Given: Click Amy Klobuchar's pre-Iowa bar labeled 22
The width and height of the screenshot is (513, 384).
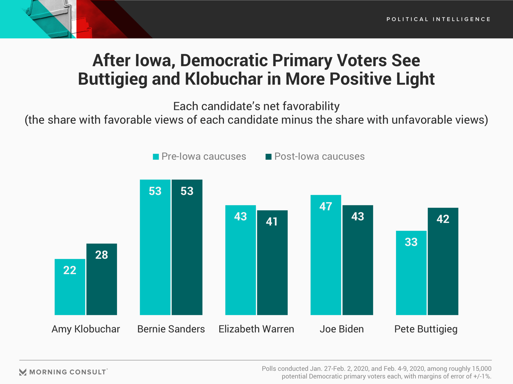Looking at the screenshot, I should click(x=70, y=287).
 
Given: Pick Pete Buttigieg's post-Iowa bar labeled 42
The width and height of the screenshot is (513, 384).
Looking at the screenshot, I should click(x=443, y=261).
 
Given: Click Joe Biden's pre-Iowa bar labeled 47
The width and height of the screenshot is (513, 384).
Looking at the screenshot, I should click(x=326, y=255).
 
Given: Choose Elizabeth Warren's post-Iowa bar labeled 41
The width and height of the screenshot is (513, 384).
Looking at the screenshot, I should click(x=272, y=263).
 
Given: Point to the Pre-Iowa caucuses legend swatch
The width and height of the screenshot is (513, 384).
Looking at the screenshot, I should click(x=156, y=157).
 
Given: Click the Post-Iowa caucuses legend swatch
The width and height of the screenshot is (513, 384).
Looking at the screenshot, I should click(x=269, y=157).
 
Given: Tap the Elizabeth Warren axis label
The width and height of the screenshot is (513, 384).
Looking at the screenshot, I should click(x=256, y=329).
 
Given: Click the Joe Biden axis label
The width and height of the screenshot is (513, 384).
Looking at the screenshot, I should click(x=341, y=329).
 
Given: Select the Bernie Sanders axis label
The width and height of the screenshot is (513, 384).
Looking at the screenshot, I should click(x=171, y=329).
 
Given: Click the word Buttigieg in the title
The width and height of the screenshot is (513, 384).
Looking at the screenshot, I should click(x=112, y=79).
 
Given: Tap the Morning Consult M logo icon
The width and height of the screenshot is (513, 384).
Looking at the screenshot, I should click(x=23, y=372).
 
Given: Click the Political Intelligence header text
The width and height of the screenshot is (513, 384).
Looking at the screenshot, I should click(x=438, y=19).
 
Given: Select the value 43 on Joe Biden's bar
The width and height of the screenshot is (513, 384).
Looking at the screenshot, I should click(x=357, y=217).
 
